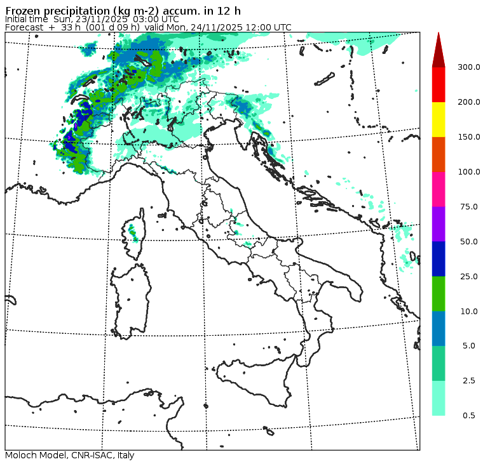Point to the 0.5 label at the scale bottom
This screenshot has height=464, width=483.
469,416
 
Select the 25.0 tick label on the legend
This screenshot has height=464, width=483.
469,277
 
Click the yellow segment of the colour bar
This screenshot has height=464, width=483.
439,119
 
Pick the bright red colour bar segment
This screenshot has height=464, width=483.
439,84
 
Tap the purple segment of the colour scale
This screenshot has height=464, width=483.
439,224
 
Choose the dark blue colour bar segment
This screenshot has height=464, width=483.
439,259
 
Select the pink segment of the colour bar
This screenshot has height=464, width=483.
439,189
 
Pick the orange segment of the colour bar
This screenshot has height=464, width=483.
439,154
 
